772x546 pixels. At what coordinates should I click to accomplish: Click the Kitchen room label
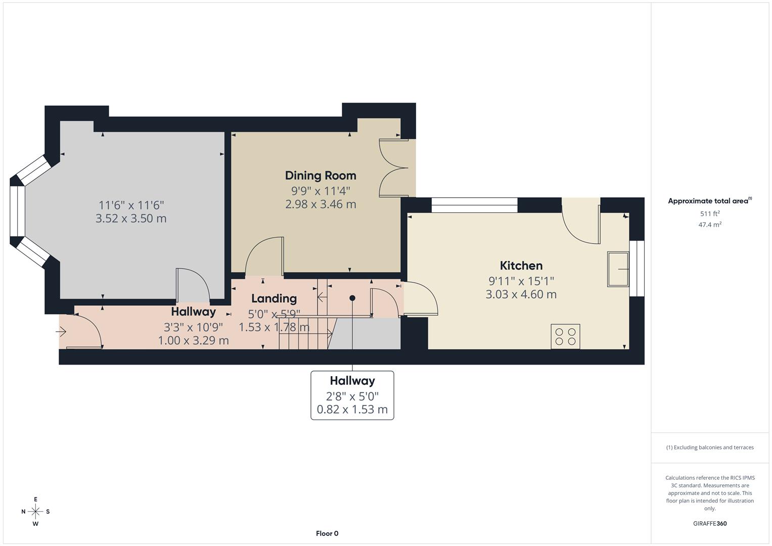pos(521,265)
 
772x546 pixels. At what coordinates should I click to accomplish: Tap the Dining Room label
pos(321,175)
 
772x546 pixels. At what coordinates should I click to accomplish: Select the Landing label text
pos(274,298)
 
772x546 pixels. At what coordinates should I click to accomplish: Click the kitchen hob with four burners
pos(565,337)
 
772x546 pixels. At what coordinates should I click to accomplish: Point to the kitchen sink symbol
pos(618,269)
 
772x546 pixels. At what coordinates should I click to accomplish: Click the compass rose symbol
pos(35,512)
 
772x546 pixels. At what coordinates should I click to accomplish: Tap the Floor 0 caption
pos(327,533)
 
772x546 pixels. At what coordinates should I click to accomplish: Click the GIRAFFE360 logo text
pos(709,523)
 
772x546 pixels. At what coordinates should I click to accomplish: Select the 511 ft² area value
pos(709,213)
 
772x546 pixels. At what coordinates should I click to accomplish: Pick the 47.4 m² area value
pos(709,224)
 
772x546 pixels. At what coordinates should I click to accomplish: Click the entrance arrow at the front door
pos(61,332)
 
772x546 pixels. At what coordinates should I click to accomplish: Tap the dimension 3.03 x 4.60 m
pos(521,294)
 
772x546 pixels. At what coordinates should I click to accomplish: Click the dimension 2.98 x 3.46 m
pos(321,204)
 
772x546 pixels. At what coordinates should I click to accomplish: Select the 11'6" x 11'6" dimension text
pos(131,205)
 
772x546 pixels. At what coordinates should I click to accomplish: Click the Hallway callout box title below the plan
pos(352,381)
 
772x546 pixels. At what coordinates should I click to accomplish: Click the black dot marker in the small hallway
pos(352,298)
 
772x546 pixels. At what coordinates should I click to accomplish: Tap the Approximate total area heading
pos(709,201)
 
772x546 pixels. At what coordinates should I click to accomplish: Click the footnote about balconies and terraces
pos(709,447)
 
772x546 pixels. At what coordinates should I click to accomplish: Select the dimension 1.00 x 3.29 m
pos(193,341)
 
